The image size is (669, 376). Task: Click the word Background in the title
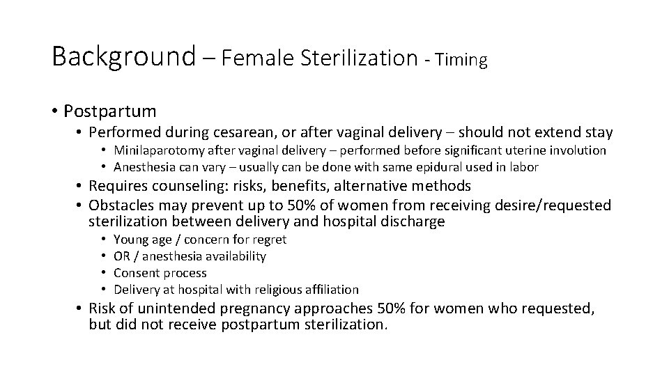tap(123, 56)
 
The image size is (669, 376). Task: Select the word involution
tap(576, 150)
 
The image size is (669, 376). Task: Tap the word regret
tap(270, 240)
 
